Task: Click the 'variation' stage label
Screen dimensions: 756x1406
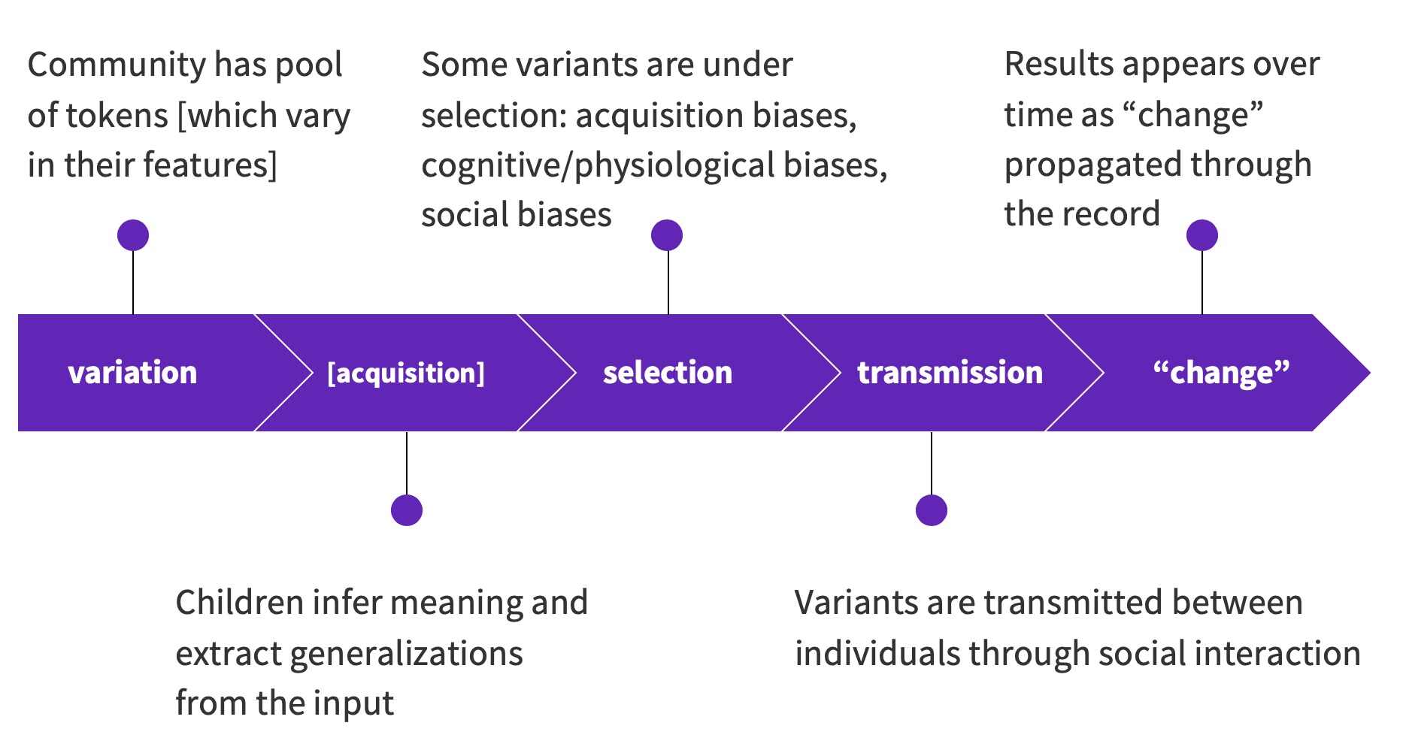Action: pyautogui.click(x=132, y=373)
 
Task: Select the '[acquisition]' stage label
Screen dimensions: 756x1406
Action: pyautogui.click(x=406, y=373)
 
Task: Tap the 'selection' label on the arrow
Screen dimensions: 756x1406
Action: pyautogui.click(x=668, y=373)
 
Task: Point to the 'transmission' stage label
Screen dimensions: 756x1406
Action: pyautogui.click(x=950, y=373)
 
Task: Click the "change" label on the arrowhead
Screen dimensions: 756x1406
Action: pyautogui.click(x=1221, y=373)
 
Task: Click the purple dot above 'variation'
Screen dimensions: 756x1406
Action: pyautogui.click(x=133, y=235)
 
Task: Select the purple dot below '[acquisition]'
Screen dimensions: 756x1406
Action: pyautogui.click(x=407, y=510)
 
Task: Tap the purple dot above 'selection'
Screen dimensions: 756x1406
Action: pyautogui.click(x=667, y=235)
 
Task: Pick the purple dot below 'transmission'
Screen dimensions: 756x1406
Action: pyautogui.click(x=932, y=510)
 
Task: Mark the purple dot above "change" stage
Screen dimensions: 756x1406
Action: pyautogui.click(x=1202, y=235)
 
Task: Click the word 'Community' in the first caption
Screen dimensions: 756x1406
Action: pyautogui.click(x=116, y=65)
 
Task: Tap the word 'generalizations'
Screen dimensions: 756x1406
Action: pyautogui.click(x=406, y=654)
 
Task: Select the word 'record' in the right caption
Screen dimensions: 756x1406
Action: pyautogui.click(x=1120, y=215)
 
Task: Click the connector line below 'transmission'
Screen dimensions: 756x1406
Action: pyautogui.click(x=932, y=463)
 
